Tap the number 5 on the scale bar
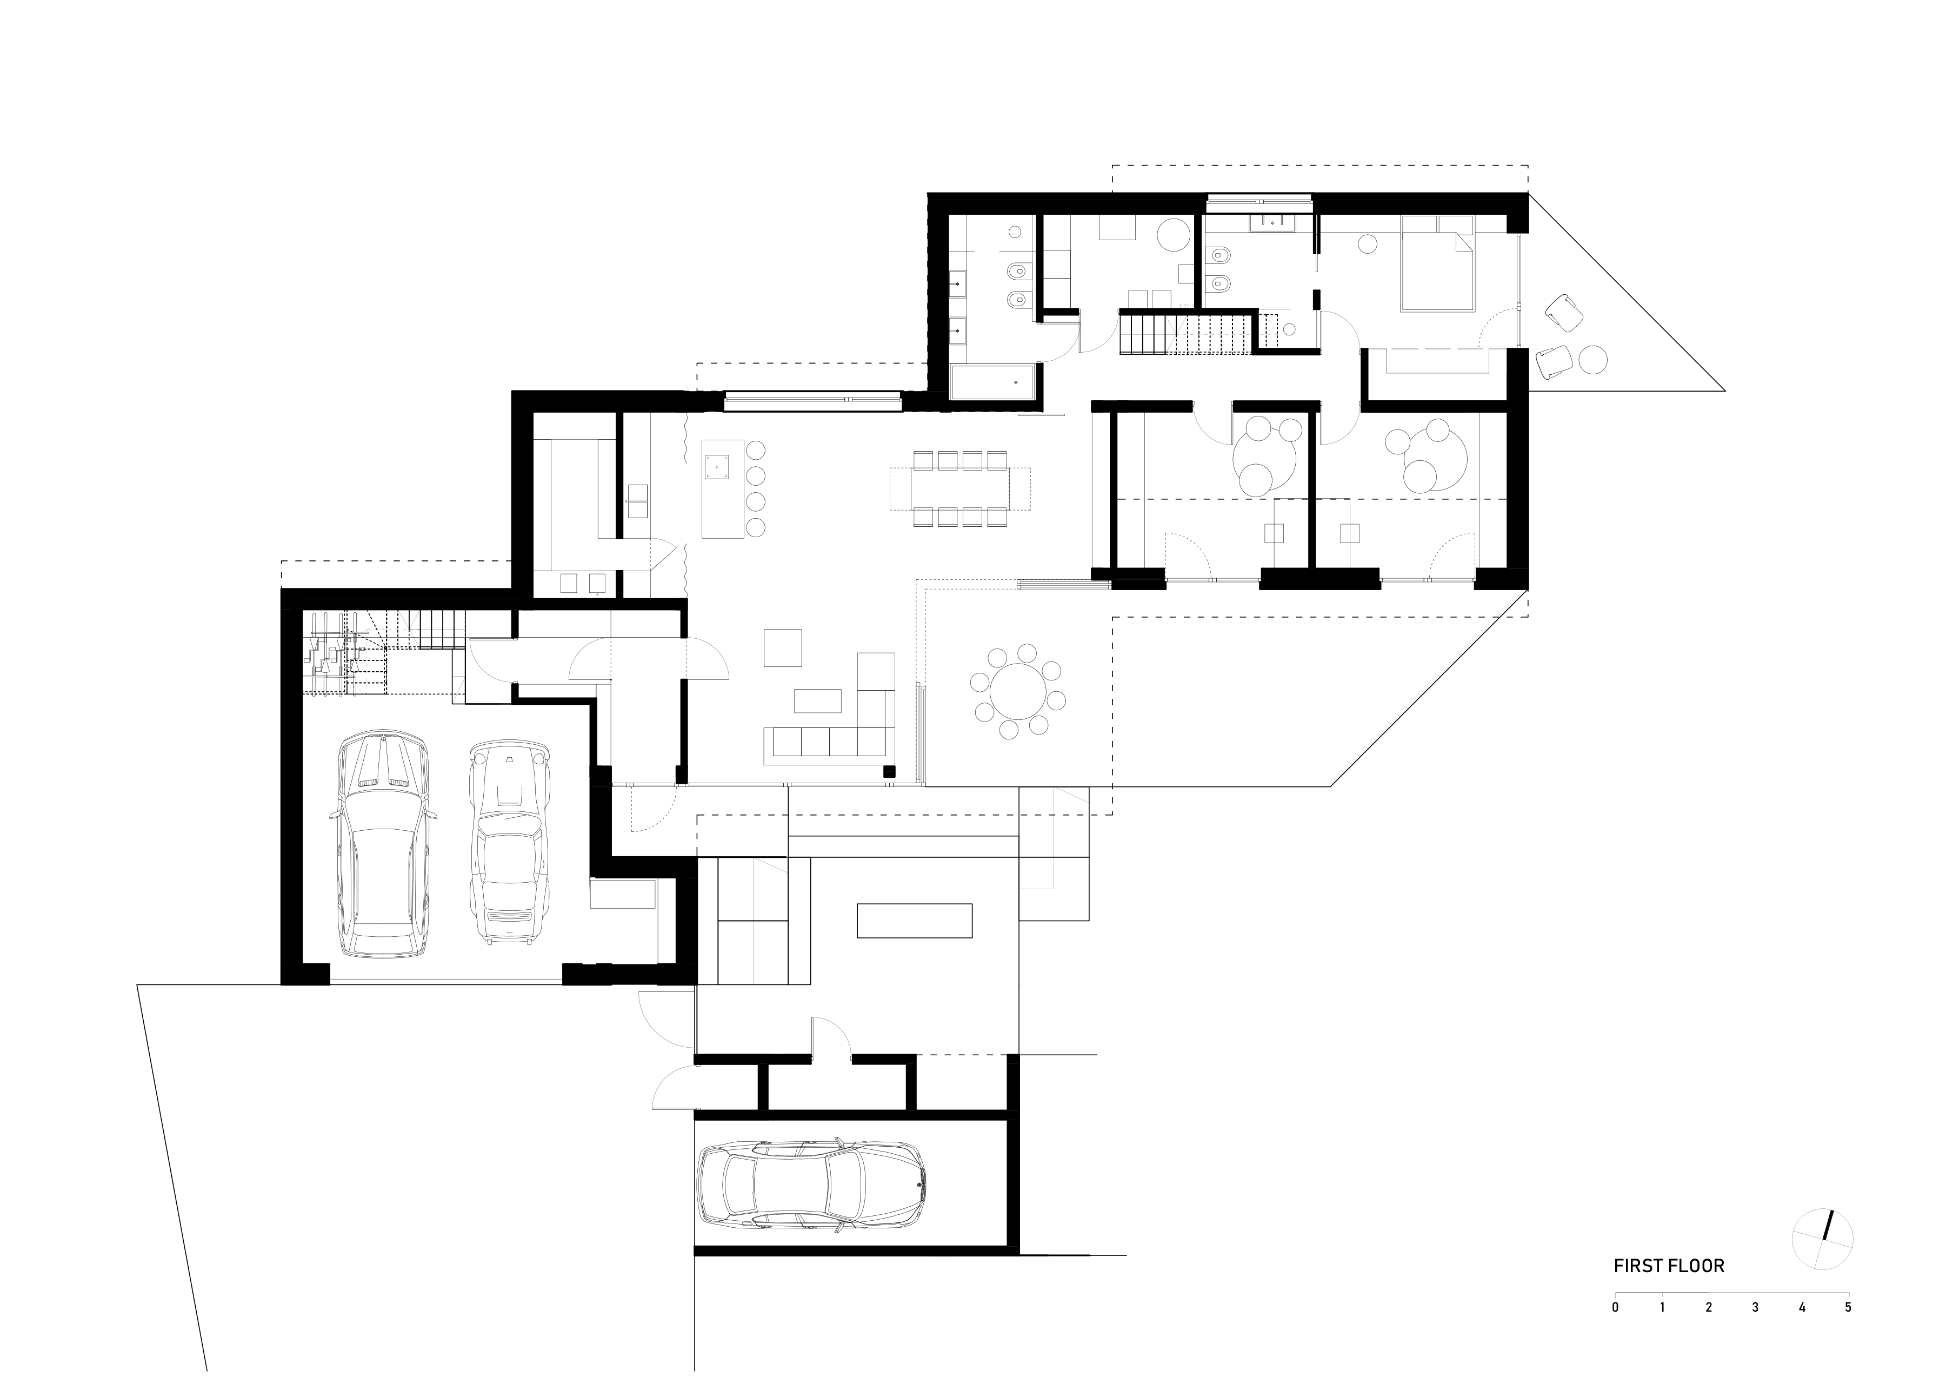(1848, 1331)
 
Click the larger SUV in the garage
(383, 844)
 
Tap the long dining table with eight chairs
(959, 488)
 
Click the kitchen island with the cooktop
(722, 488)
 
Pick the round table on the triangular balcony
(1594, 360)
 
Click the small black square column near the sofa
(889, 771)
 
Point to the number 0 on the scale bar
(1616, 1331)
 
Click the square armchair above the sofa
(782, 647)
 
